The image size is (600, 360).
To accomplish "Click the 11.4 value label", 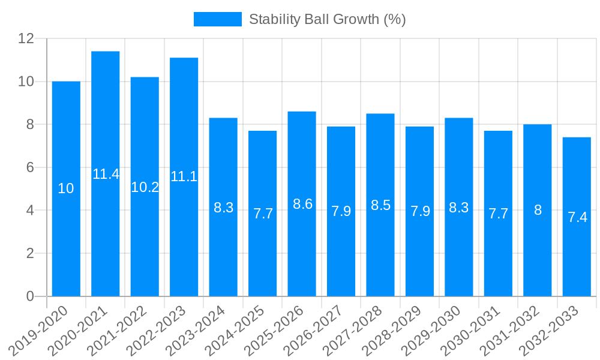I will pos(106,174).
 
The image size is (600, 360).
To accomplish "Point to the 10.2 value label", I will pos(145,187).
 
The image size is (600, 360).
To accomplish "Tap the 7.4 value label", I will pos(577,217).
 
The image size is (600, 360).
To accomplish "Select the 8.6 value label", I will pos(302,204).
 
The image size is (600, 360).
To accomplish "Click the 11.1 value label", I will pos(184,176).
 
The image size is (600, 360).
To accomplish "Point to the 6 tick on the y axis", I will pos(30,167).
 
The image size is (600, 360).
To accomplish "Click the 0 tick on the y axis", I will pos(30,296).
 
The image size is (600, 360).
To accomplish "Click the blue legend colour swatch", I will pos(217,19).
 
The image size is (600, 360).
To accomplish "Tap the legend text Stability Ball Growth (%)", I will pos(327,19).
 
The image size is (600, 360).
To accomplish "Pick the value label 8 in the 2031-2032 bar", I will pos(538,210).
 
